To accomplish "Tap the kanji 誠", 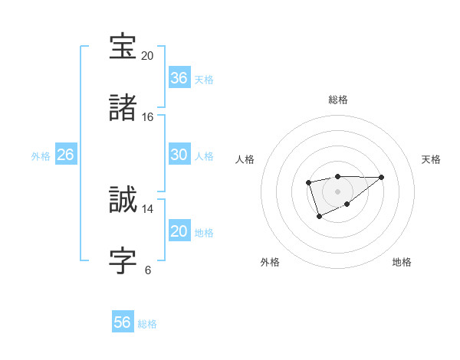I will pyautogui.click(x=123, y=200).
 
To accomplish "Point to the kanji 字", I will pyautogui.click(x=123, y=260).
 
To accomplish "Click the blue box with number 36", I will pyautogui.click(x=179, y=78).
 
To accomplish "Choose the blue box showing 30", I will pyautogui.click(x=179, y=155).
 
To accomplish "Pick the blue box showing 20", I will pyautogui.click(x=179, y=231).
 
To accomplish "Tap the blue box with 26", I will pyautogui.click(x=65, y=155).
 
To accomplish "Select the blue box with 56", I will pyautogui.click(x=123, y=322).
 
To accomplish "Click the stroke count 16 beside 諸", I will pyautogui.click(x=147, y=117).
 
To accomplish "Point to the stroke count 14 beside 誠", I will pyautogui.click(x=147, y=208).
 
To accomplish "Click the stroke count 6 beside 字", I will pyautogui.click(x=148, y=270).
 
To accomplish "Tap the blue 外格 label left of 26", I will pyautogui.click(x=41, y=156).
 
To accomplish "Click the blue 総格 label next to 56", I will pyautogui.click(x=147, y=324).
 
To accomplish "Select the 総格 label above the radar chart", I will pyautogui.click(x=338, y=100).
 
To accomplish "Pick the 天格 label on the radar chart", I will pyautogui.click(x=432, y=159).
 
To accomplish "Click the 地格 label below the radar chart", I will pyautogui.click(x=402, y=262).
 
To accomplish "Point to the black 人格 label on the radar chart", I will pyautogui.click(x=245, y=159).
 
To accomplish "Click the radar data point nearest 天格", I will pyautogui.click(x=382, y=177).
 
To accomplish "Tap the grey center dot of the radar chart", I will pyautogui.click(x=337, y=191).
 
